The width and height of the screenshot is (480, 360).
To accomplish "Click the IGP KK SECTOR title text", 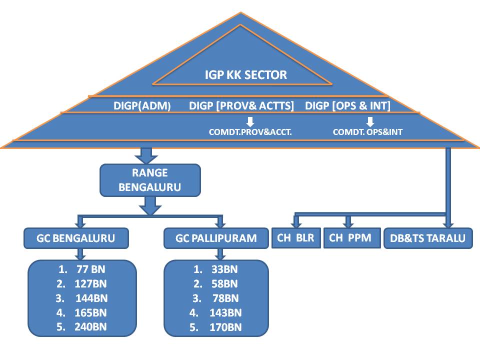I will (x=246, y=75).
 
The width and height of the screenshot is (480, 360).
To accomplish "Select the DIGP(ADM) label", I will (x=142, y=105).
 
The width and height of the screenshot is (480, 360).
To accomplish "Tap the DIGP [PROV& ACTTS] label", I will (x=241, y=105).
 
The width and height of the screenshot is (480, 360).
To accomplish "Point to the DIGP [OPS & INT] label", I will (x=347, y=105).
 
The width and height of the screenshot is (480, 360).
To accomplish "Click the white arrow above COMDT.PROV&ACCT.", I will (x=250, y=121).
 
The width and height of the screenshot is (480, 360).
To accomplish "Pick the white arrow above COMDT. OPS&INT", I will (x=370, y=121).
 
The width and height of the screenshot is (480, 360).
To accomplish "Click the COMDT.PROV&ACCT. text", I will (x=250, y=132).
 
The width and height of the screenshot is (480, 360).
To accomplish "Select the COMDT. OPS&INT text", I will (x=367, y=132).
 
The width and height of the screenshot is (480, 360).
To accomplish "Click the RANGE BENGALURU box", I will (x=150, y=180).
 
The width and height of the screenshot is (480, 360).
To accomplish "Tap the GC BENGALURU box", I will (x=76, y=238).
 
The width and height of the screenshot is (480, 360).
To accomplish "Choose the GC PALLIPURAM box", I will (x=216, y=238).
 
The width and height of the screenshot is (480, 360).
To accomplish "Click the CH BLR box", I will (x=295, y=238).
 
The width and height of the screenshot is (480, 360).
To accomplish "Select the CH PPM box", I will (x=350, y=237).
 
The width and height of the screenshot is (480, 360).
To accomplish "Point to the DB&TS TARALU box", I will (x=427, y=238).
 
